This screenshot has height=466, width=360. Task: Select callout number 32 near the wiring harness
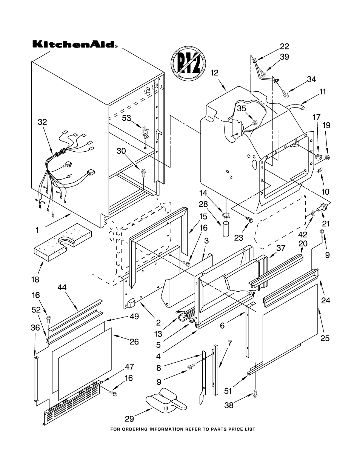coord(42,122)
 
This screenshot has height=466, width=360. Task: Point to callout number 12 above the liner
coord(214,73)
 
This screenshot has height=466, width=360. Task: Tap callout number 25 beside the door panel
coord(325,338)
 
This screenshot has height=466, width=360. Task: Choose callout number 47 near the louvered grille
coord(129,366)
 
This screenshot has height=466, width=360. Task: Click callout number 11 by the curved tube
coord(323,91)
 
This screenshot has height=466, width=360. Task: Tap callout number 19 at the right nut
coord(326,125)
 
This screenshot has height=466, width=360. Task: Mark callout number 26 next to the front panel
coord(134,342)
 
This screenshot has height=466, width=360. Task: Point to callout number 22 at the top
coord(284,46)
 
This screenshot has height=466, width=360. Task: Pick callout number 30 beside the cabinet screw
coord(121,151)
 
